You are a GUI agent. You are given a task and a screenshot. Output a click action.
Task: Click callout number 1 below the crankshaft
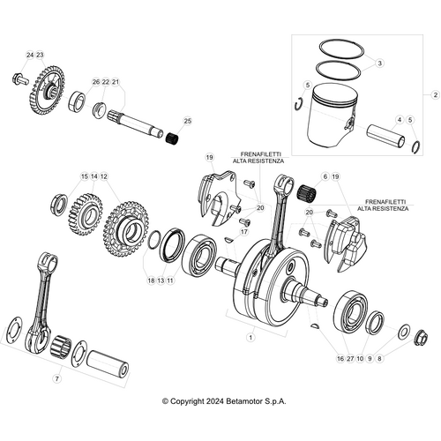(250, 336)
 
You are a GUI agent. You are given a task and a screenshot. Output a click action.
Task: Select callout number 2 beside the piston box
(433, 93)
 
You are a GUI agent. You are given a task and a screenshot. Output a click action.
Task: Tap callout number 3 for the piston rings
(379, 64)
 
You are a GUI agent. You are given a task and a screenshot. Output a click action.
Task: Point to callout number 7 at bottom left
(57, 378)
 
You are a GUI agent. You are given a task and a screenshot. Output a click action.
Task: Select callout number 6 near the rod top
(325, 177)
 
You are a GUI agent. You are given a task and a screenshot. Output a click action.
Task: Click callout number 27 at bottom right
(350, 359)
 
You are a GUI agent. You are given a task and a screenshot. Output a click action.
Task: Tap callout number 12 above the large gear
(103, 177)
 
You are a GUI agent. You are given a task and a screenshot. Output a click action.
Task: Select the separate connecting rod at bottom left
(40, 300)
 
